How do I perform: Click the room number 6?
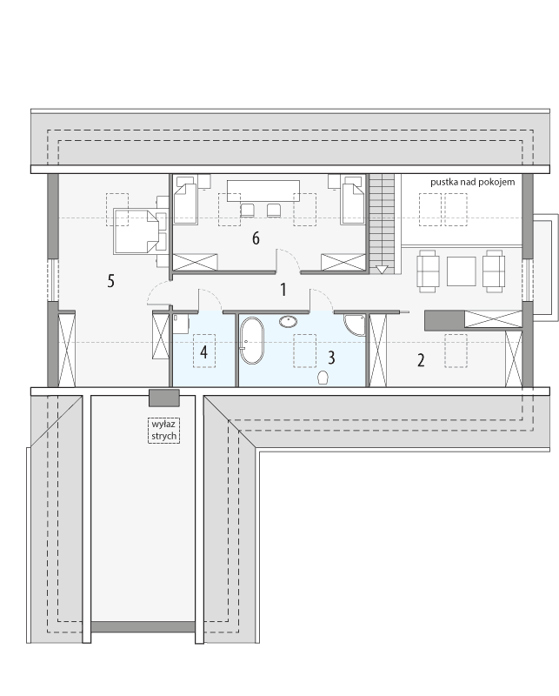click(256, 238)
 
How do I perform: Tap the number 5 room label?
click(111, 280)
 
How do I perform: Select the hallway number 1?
click(283, 290)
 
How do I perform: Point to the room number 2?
click(421, 360)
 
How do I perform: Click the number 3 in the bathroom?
click(331, 357)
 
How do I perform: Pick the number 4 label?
click(203, 352)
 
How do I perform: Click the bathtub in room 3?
click(251, 340)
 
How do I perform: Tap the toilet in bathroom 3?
click(324, 378)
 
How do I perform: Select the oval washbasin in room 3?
click(289, 321)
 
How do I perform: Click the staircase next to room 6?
click(381, 221)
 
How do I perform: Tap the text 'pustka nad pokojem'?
click(472, 182)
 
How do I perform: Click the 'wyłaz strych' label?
click(163, 430)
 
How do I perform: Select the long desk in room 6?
click(263, 191)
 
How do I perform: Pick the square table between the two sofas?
click(461, 271)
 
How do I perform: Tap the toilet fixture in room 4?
click(179, 325)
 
